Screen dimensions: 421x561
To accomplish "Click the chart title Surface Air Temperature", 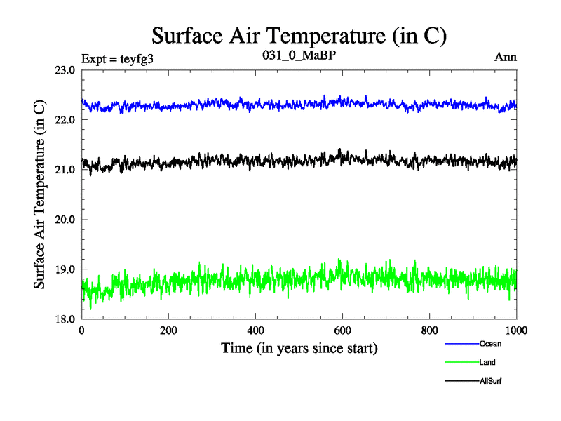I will pos(299,36).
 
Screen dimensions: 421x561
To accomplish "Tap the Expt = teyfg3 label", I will pos(117,58).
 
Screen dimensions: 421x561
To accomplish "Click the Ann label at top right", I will pos(506,58).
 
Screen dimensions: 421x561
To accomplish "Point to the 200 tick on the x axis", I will pos(168,330).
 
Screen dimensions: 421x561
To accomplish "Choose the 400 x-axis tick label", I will pos(255,330).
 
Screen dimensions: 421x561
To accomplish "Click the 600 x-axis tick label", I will pos(342,330).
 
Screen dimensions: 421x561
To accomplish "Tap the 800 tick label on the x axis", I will pos(429,330).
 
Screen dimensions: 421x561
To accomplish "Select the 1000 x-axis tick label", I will pos(515,330).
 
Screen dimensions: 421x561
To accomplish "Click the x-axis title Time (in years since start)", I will pos(299,348).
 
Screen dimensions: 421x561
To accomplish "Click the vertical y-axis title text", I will pos(40,194).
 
